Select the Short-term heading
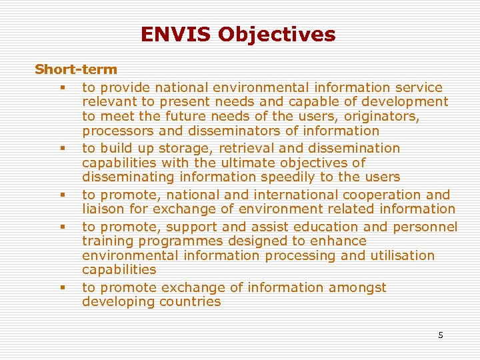tap(76, 69)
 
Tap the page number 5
tap(440, 335)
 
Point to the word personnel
tap(425, 227)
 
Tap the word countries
tap(190, 301)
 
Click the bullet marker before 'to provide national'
tap(61, 88)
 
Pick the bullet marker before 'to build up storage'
tap(61, 149)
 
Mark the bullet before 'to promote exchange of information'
tap(61, 288)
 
